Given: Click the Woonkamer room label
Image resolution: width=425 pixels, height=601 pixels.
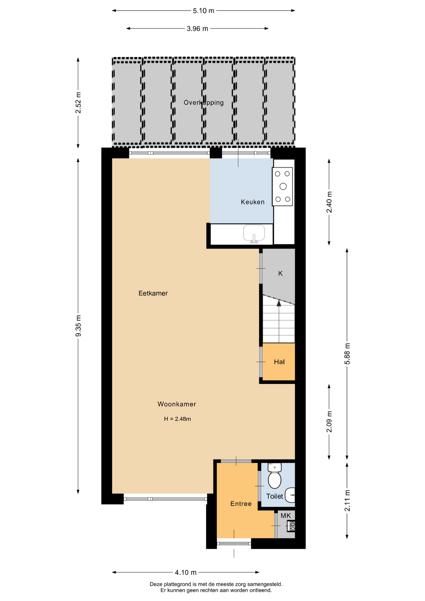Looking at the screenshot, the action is [x=177, y=404].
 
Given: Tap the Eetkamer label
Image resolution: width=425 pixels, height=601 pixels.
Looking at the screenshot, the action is [x=153, y=293].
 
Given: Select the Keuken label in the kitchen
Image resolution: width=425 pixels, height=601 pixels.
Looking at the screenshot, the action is [x=253, y=202].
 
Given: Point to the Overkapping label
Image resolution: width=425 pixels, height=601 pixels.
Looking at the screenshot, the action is [x=203, y=103].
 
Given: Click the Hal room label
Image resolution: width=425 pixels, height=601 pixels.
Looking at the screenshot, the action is [x=279, y=362].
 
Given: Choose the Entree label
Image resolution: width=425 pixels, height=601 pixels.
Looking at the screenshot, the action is [x=241, y=504].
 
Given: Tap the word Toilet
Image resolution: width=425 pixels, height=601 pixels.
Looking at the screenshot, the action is [x=274, y=496].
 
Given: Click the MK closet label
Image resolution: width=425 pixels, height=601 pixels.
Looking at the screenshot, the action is [x=286, y=516].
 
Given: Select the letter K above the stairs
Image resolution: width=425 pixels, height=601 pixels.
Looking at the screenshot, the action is [x=280, y=274].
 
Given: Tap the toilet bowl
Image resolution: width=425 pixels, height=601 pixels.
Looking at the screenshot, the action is [x=274, y=480].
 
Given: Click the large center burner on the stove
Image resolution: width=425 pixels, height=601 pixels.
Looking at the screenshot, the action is [x=283, y=187].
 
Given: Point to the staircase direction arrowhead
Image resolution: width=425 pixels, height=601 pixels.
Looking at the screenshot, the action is [x=279, y=303].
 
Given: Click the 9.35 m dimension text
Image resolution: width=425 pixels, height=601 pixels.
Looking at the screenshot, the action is [x=78, y=326].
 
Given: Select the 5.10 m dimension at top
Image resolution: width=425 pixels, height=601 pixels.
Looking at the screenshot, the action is [x=203, y=11].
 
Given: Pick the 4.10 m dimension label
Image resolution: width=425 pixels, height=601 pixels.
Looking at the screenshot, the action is [x=186, y=573].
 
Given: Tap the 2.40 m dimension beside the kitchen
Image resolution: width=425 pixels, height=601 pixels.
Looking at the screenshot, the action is [x=329, y=202].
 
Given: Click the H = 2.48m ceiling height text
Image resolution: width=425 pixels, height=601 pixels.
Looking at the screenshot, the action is [x=177, y=419].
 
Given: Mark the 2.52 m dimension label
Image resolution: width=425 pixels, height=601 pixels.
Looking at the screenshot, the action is [x=78, y=103].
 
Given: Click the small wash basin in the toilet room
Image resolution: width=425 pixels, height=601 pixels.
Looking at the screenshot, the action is [x=291, y=495].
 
